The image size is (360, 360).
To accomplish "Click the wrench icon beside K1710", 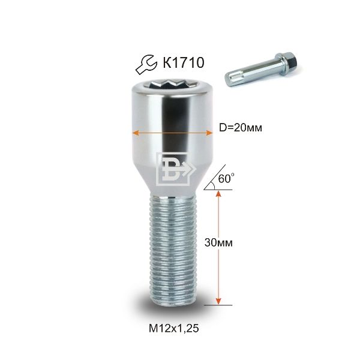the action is [146, 65].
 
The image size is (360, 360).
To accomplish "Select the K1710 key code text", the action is [184, 62].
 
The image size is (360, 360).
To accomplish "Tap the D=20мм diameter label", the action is [241, 128].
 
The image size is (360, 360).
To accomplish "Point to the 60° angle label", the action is [226, 178].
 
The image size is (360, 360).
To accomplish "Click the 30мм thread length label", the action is [218, 242].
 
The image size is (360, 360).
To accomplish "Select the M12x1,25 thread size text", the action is [173, 329].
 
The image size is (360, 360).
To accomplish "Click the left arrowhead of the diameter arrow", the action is [136, 133].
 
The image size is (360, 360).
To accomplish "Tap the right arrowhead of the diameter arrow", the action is [209, 133].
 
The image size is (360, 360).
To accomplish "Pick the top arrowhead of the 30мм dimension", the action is [218, 193].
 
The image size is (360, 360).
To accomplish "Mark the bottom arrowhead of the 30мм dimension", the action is [218, 301].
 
